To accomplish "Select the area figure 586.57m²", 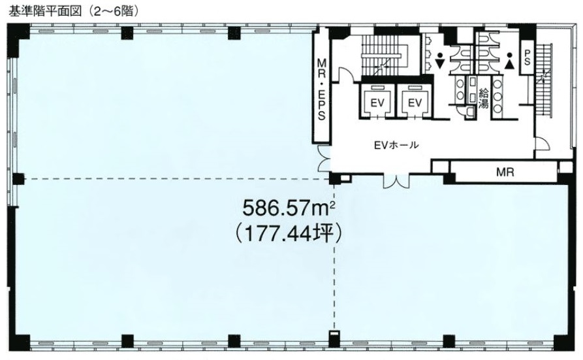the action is click(289, 208).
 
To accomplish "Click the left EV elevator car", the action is click(377, 102).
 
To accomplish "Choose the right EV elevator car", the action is click(415, 102).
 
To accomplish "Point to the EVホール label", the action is click(396, 144).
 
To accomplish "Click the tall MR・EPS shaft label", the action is click(322, 89).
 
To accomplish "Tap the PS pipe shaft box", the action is click(528, 57).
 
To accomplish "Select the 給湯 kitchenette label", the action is click(483, 98).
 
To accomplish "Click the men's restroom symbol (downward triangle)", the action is click(440, 62).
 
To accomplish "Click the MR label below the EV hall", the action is click(505, 172).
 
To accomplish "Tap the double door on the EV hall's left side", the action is click(323, 159).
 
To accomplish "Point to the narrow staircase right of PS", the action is click(544, 78).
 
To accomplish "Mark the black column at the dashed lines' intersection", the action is click(334, 179).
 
